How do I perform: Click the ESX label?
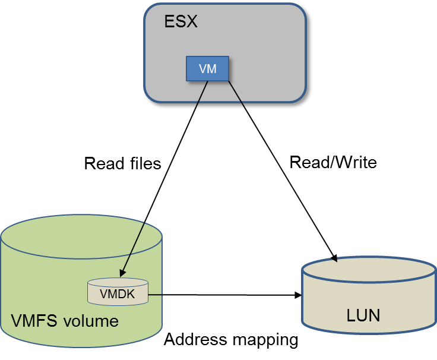[180, 23]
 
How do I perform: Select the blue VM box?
[207, 69]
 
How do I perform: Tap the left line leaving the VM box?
[202, 93]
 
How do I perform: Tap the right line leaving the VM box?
[235, 93]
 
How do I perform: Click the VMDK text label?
[117, 293]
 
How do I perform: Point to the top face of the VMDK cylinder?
[117, 283]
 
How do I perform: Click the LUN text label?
[363, 314]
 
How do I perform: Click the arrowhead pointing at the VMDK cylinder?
[123, 273]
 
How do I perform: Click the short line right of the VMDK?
[155, 293]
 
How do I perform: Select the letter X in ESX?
[191, 23]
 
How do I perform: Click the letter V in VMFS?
[17, 321]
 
